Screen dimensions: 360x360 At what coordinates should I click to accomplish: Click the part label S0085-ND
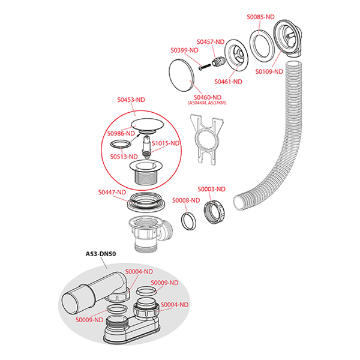pos(260,17)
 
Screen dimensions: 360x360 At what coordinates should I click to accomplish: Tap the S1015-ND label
pos(166,143)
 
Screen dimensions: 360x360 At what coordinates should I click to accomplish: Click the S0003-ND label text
pos(212,189)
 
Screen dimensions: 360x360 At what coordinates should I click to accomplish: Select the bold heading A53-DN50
pos(100,254)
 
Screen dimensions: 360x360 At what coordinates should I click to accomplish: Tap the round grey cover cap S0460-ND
pos(182,74)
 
